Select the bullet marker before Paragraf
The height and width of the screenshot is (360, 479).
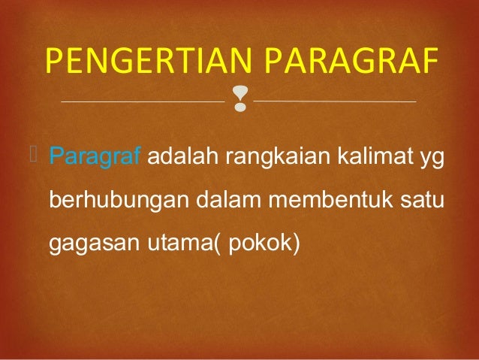(40, 156)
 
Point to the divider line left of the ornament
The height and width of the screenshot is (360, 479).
(142, 101)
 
